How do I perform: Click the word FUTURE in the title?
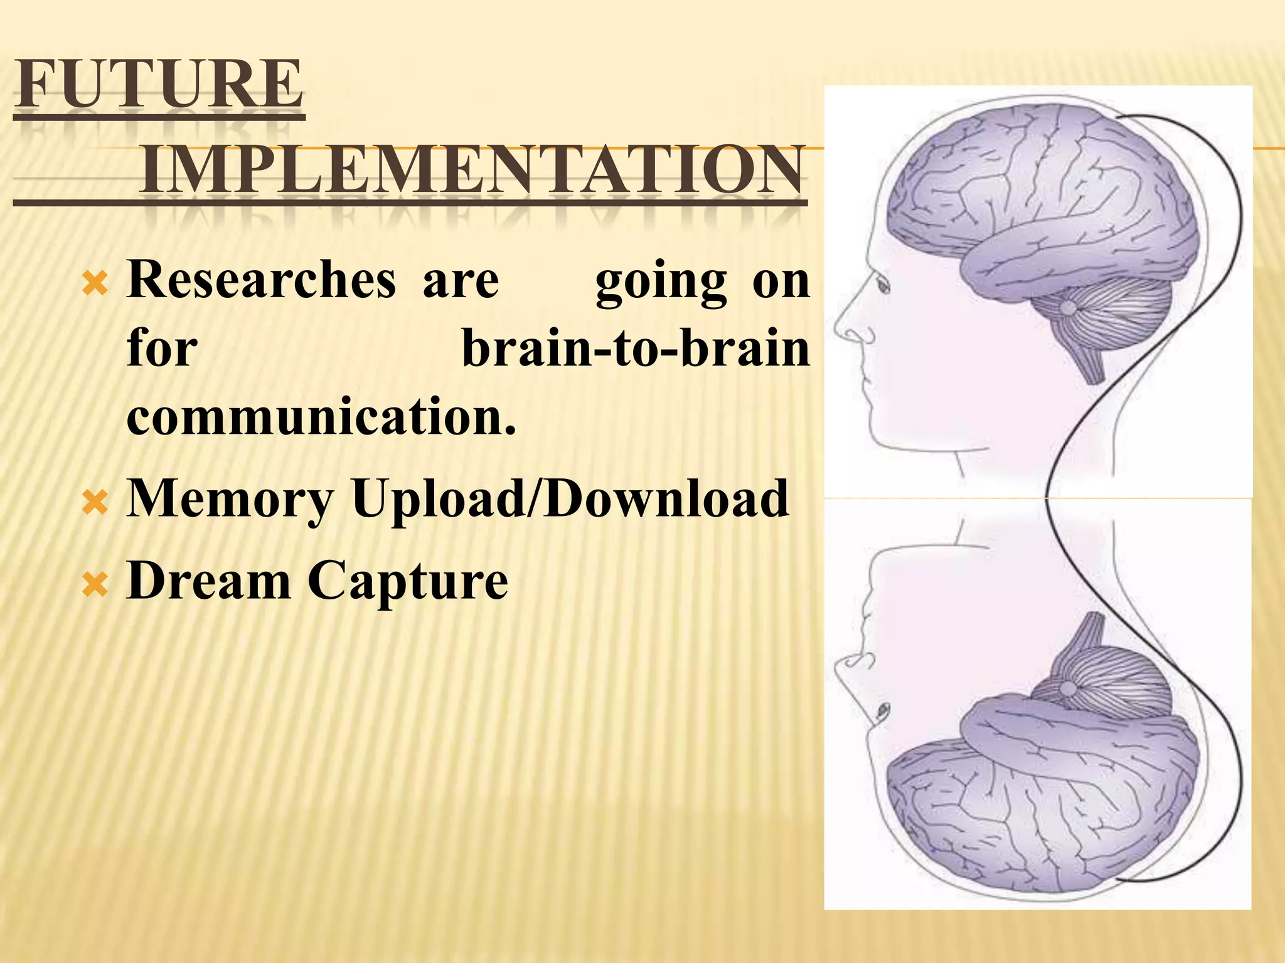[159, 85]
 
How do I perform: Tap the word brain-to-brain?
[636, 349]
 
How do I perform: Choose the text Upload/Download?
[570, 498]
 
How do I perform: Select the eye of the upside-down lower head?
[883, 710]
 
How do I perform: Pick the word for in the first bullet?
[162, 349]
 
